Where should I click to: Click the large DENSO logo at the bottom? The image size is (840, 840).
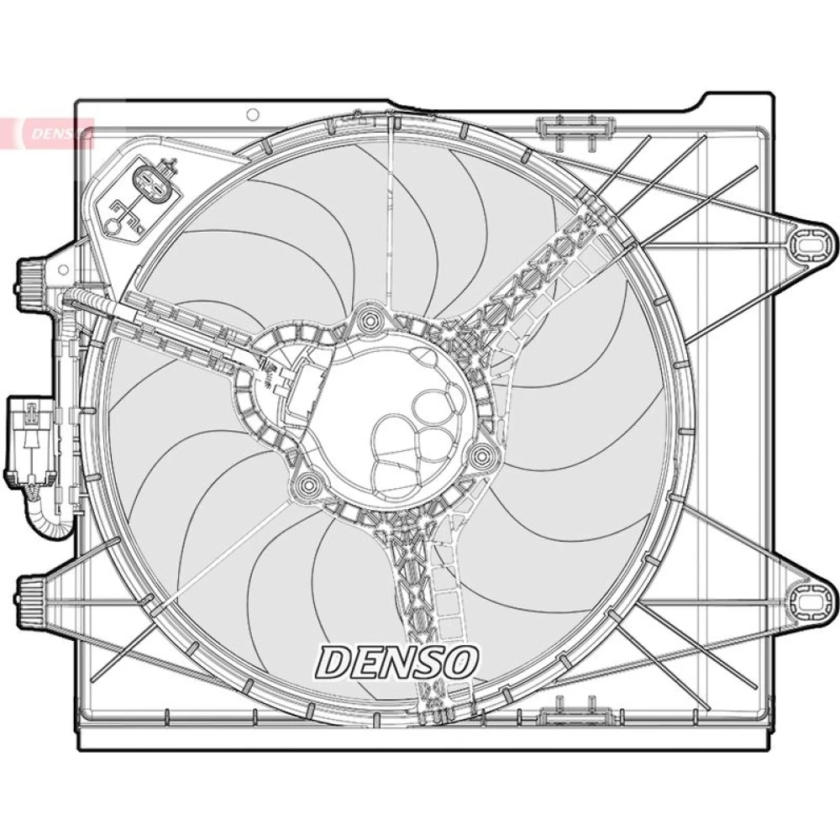[x=397, y=661]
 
